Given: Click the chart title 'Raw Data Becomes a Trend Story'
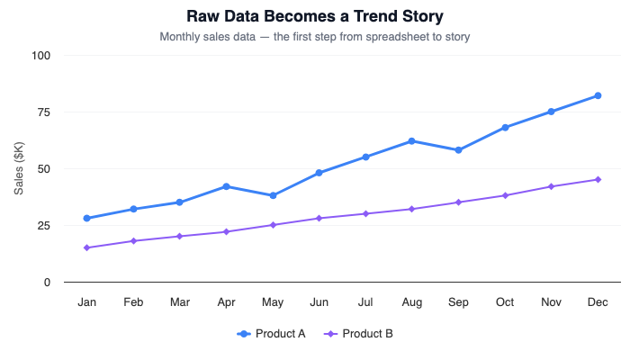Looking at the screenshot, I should click(x=314, y=16).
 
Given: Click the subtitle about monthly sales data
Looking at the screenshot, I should click(x=314, y=37).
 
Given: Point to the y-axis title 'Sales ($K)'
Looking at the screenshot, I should click(x=19, y=168).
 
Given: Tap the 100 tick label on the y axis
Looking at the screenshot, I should click(x=41, y=56).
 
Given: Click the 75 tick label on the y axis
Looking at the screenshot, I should click(x=44, y=112).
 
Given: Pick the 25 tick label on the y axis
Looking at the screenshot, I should click(x=44, y=226).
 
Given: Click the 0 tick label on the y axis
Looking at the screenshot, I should click(x=47, y=283).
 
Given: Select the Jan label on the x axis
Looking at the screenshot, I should click(x=87, y=302).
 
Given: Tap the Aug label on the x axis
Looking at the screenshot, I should click(x=412, y=302).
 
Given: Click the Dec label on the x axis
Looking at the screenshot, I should click(x=598, y=302).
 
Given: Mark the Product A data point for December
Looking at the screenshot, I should click(x=598, y=96).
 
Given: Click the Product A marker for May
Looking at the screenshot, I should click(x=273, y=195).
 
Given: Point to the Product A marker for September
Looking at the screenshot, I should click(x=458, y=150).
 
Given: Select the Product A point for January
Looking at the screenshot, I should click(x=87, y=219).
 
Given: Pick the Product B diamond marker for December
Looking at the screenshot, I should click(x=598, y=180).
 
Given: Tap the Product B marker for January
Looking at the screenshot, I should click(x=87, y=247).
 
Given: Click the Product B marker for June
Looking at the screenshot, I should click(x=319, y=219).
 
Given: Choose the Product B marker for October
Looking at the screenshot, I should click(x=505, y=195).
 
